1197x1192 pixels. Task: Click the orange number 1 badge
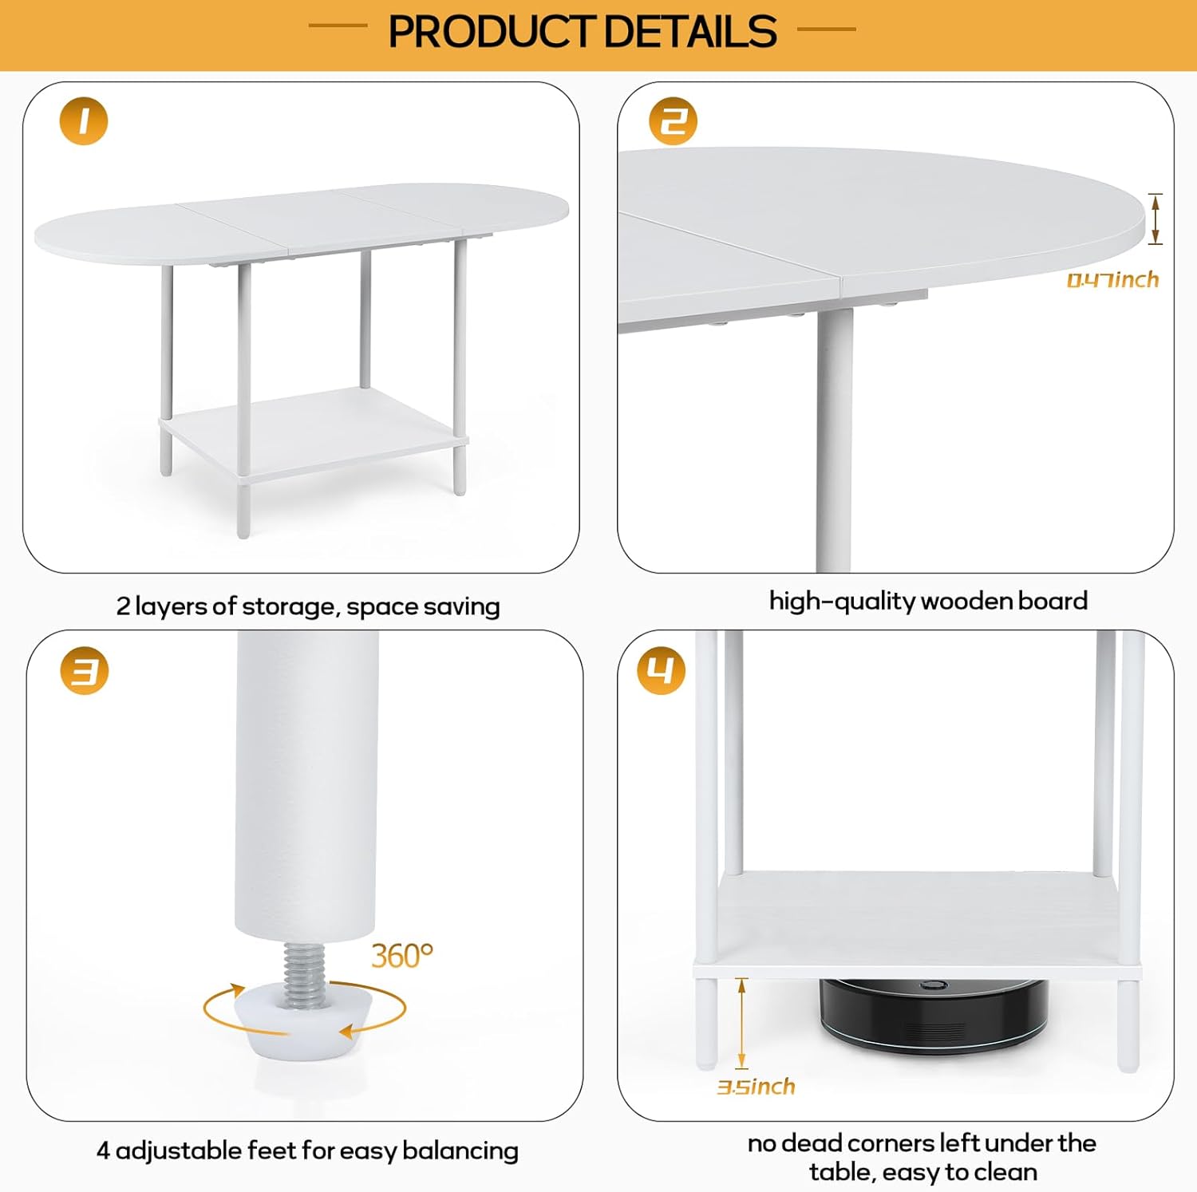[x=84, y=121]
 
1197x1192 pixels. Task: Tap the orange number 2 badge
[x=673, y=121]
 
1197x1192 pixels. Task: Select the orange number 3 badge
[x=85, y=670]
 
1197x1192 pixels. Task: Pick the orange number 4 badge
[x=661, y=670]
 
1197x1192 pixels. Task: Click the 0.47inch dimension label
[x=1112, y=279]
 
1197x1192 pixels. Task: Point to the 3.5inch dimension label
[x=756, y=1087]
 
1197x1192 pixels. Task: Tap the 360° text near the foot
[x=402, y=955]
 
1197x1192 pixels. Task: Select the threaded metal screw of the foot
[x=303, y=973]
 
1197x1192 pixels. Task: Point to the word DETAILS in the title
[x=690, y=32]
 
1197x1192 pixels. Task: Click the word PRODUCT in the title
[x=492, y=32]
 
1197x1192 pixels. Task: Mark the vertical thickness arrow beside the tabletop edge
[x=1155, y=219]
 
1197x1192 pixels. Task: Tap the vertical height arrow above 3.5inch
[x=741, y=1023]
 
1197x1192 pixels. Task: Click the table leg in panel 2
[x=834, y=439]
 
